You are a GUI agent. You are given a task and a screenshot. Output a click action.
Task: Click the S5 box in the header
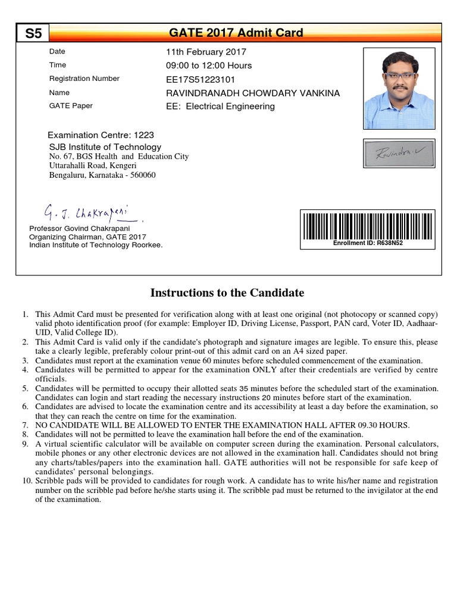click(33, 33)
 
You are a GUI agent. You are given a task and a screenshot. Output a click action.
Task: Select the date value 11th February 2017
click(206, 52)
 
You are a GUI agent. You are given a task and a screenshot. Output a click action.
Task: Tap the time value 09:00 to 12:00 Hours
click(209, 65)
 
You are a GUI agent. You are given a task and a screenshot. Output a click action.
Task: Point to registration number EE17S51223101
click(201, 79)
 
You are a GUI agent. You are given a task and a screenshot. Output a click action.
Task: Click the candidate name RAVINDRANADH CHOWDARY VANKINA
click(253, 93)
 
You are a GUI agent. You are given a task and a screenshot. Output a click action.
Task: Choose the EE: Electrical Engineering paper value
click(220, 106)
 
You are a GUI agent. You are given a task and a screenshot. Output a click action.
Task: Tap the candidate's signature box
click(399, 153)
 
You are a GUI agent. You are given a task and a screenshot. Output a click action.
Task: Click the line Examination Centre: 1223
click(101, 135)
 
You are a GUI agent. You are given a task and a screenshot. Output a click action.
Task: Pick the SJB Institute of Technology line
click(105, 147)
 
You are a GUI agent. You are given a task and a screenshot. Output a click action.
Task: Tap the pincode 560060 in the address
click(143, 175)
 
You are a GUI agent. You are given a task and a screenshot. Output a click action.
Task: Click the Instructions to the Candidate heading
click(227, 293)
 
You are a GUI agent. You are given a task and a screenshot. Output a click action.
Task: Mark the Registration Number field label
click(84, 79)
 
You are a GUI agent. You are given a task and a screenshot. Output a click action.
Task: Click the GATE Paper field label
click(71, 106)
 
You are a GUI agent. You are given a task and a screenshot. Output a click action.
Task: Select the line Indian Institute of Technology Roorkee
click(96, 244)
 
